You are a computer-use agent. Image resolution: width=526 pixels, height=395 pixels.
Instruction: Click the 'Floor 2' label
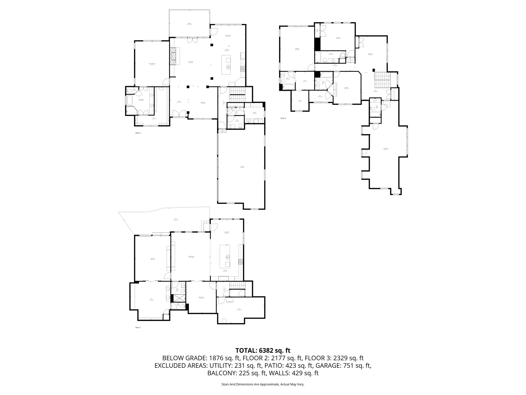pos(138,133)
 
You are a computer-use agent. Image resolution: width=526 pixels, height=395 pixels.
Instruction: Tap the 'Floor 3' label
pos(283,118)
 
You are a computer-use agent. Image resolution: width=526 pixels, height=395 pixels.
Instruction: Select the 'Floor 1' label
pos(138,327)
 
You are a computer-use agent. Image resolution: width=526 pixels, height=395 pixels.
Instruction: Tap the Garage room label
pos(242,167)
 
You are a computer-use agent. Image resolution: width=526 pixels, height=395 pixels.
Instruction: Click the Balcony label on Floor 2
pos(189,24)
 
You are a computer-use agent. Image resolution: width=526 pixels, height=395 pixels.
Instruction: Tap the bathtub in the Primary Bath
pos(129,100)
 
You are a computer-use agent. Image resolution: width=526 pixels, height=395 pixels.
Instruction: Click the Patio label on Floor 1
pos(175,219)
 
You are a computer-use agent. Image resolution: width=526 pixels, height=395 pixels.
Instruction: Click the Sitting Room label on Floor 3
pos(370,54)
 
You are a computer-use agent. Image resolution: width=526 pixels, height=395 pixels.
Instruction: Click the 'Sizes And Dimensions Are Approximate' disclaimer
pos(263,384)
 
